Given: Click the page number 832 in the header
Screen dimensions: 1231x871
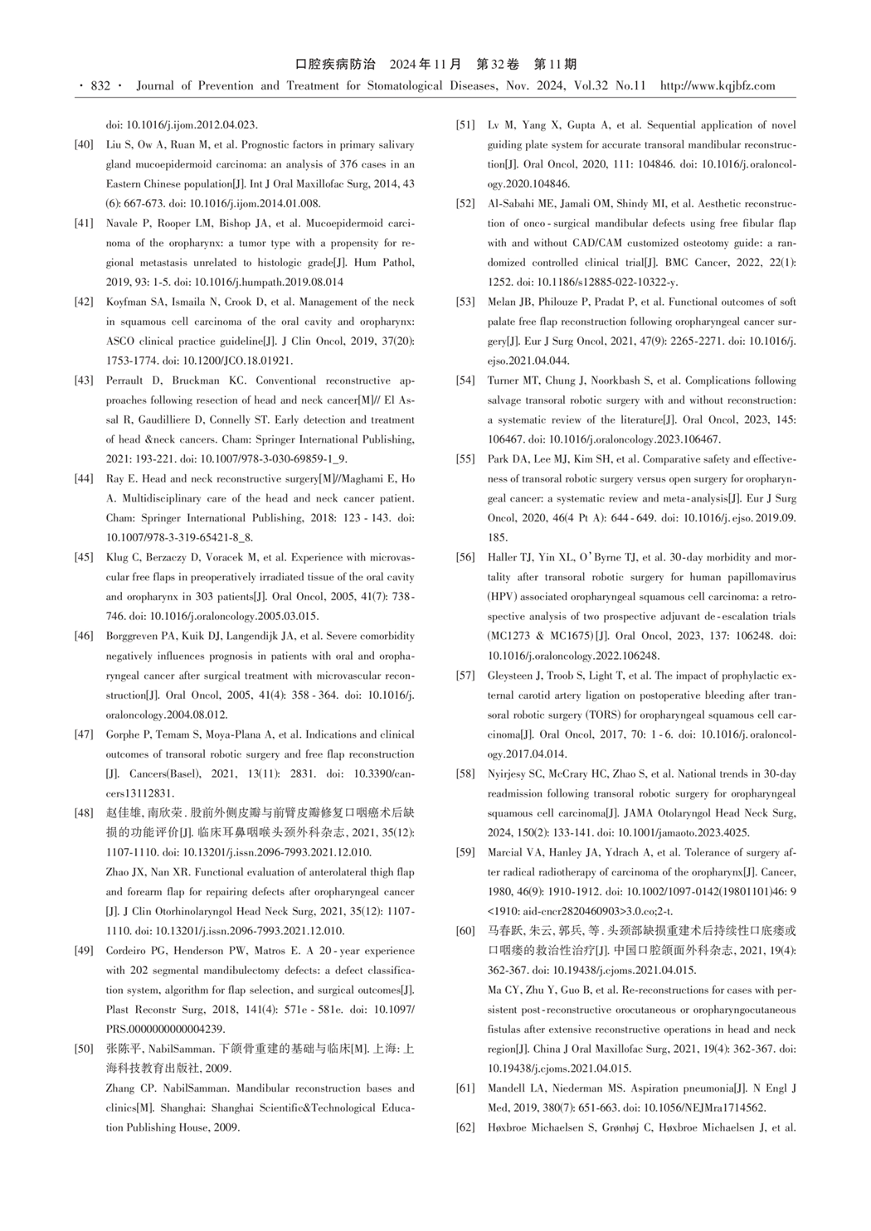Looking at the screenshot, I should [100, 86].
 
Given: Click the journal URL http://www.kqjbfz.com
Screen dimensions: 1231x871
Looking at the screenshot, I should [717, 86].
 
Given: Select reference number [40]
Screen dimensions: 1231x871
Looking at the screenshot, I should [84, 145].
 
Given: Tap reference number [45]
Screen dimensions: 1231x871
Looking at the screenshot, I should [84, 557].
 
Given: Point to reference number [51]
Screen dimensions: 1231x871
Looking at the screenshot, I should [465, 126].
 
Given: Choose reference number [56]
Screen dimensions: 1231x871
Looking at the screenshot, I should [465, 557].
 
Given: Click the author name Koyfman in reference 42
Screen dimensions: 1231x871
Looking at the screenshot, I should [126, 303].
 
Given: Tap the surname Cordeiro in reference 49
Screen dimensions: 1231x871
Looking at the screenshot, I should [128, 950].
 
